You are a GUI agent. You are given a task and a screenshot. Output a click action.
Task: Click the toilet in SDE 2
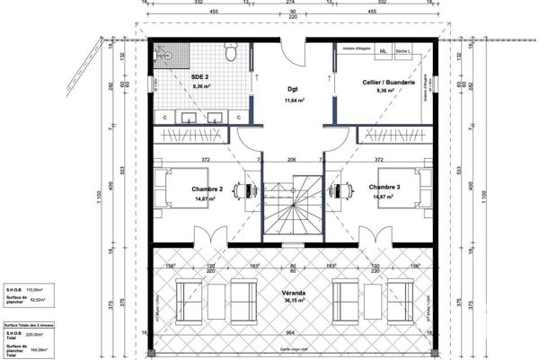tap(231, 56)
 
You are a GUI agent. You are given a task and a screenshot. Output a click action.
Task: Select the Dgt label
tap(292, 90)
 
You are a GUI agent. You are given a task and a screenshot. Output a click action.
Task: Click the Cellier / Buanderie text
tap(388, 81)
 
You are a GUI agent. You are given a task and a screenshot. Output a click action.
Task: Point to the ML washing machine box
tap(384, 52)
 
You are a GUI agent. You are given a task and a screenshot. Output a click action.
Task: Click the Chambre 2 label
tap(208, 189)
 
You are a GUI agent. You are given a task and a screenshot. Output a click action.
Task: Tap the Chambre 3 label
tap(385, 188)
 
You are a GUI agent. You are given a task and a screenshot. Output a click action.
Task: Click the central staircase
tap(292, 206)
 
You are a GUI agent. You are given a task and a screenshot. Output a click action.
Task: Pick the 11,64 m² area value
tap(292, 101)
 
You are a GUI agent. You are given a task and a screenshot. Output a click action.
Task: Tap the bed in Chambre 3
tap(403, 189)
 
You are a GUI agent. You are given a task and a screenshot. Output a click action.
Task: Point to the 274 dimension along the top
tap(291, 4)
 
